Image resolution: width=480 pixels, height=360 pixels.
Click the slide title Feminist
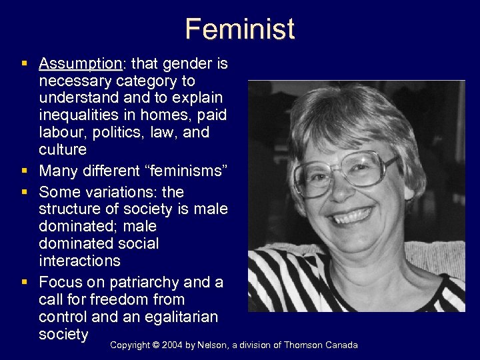(x=240, y=29)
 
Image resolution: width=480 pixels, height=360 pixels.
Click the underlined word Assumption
(x=80, y=64)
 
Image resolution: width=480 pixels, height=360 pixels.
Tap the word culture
(x=63, y=149)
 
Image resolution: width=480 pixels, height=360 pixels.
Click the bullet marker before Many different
(x=24, y=171)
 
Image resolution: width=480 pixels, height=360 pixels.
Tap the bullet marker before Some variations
(x=24, y=193)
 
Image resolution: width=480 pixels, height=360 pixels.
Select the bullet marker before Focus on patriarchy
(x=24, y=283)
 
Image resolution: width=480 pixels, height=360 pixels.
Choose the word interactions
(x=80, y=261)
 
